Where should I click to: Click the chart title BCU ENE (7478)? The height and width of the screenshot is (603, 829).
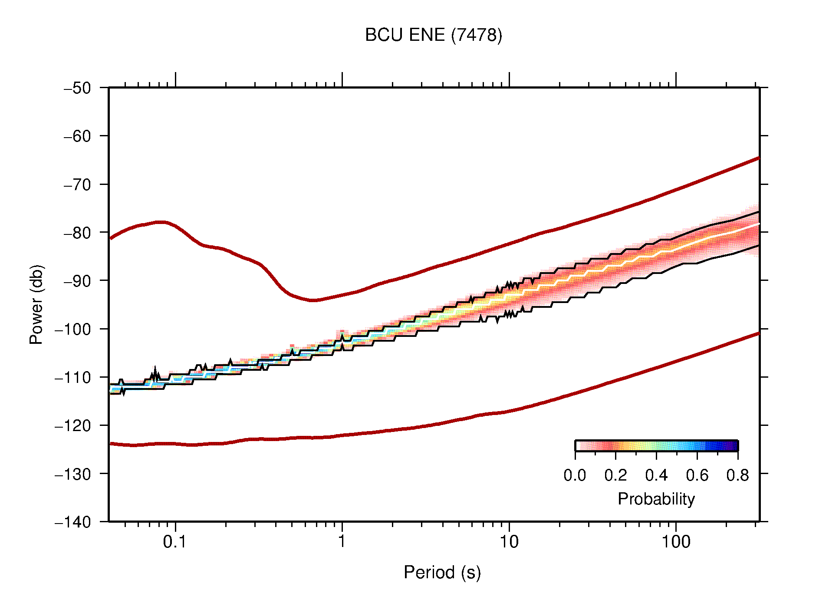point(433,35)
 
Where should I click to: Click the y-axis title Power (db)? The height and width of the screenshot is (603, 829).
point(36,304)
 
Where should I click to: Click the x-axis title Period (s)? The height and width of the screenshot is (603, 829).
point(442,572)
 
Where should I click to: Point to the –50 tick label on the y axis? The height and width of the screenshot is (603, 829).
point(77,88)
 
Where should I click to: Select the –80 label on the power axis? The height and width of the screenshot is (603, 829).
point(77,233)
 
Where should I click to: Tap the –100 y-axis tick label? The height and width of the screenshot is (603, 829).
point(73,329)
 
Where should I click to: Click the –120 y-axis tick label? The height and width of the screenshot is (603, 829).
point(73,425)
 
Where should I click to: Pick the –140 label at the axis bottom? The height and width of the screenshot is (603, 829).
point(73,522)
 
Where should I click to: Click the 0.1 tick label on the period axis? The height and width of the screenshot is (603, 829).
point(174,542)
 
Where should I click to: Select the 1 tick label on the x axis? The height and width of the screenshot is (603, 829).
point(342,542)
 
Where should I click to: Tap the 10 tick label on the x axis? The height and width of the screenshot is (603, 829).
point(509,542)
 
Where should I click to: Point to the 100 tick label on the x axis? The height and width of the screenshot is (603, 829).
point(676,542)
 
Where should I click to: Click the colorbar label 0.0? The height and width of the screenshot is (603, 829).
point(575,475)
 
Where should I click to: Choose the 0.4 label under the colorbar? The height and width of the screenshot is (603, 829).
point(656,475)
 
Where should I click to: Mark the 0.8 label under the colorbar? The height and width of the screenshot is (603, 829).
point(737,475)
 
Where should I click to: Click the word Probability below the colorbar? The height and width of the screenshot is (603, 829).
point(656,499)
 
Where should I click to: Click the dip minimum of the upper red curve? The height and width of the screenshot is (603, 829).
point(313,300)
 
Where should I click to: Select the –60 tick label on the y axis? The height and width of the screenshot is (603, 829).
point(77,136)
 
